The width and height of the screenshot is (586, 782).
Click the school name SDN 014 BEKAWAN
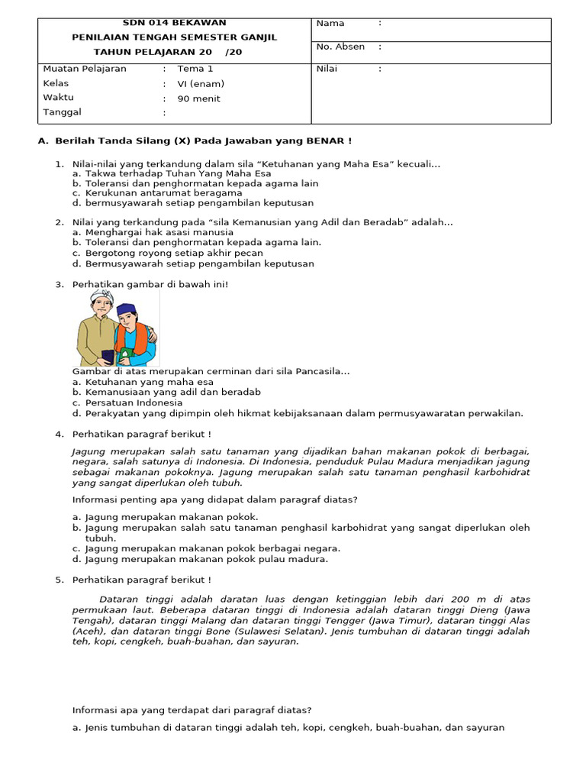pos(174,23)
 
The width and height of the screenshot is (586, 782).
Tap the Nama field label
pos(330,24)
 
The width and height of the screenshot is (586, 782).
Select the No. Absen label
pos(340,47)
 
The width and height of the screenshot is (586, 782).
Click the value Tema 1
pos(195,69)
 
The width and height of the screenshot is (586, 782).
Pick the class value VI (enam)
pos(201,83)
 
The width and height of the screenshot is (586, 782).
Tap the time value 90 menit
pos(198,99)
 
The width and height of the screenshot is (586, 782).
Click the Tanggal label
pos(63,112)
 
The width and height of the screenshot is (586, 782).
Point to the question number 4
pos(59,434)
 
